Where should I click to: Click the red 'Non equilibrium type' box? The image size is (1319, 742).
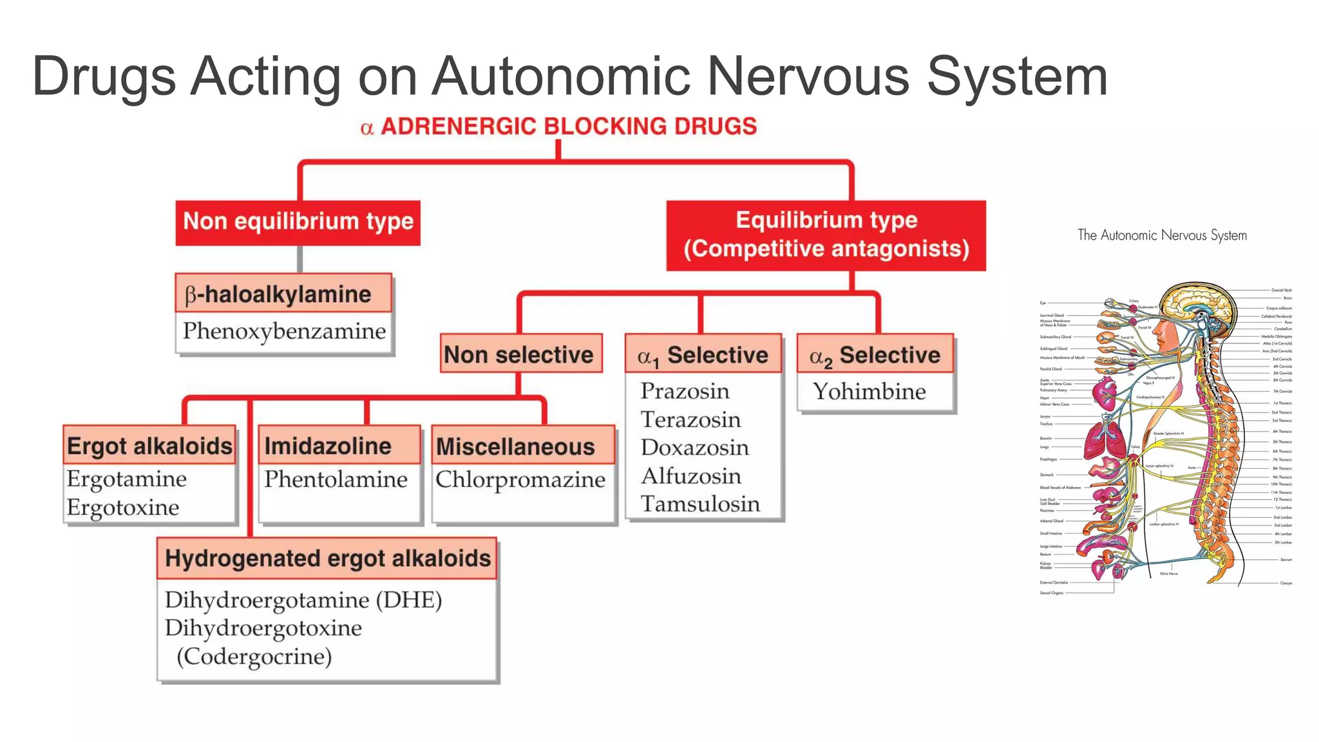[298, 222]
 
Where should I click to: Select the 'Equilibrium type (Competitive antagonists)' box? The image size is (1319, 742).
[826, 235]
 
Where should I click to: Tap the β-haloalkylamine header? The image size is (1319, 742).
[283, 294]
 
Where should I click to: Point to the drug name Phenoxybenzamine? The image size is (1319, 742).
[284, 331]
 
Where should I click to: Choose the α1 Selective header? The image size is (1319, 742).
[703, 355]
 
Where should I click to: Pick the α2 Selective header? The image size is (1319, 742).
[875, 355]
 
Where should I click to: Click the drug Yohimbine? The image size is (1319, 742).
[869, 392]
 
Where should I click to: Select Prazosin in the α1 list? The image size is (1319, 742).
[685, 391]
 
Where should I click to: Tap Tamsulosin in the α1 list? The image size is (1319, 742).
[700, 504]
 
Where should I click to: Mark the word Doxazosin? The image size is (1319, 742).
[694, 448]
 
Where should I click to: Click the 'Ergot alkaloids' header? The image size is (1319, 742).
[149, 446]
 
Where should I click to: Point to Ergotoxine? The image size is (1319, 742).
[123, 508]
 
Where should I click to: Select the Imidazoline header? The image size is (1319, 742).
[328, 446]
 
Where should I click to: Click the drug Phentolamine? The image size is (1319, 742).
[336, 479]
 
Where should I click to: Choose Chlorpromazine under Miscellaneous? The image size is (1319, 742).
[520, 479]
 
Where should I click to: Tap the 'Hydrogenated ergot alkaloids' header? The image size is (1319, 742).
[327, 558]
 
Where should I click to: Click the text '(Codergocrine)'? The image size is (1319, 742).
[254, 656]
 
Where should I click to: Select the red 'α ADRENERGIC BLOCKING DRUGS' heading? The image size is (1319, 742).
[559, 126]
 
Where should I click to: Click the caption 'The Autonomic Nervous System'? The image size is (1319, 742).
[1162, 235]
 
